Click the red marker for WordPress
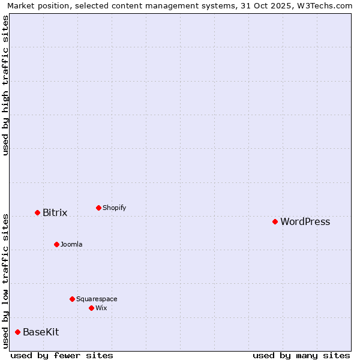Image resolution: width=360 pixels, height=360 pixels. tap(275, 221)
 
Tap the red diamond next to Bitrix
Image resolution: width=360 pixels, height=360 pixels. tap(37, 212)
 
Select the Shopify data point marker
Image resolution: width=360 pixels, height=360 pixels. tap(98, 208)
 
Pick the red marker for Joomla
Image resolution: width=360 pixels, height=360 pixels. tap(56, 244)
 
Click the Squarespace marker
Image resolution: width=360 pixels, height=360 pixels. tap(72, 299)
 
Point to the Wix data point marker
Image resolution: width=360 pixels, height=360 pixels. tap(91, 308)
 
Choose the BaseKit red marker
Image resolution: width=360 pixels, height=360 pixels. tap(17, 332)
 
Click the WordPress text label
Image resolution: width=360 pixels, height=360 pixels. tap(305, 222)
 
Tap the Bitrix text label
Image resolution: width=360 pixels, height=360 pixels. tap(55, 213)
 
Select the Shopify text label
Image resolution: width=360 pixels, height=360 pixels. tap(114, 208)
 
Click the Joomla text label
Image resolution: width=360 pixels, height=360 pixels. tap(71, 245)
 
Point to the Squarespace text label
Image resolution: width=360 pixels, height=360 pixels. tap(97, 299)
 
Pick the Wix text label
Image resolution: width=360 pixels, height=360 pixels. tap(101, 308)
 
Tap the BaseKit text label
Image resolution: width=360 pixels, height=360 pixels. tap(41, 332)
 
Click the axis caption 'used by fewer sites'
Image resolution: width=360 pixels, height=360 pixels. tap(62, 355)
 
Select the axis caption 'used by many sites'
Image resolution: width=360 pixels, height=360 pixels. tap(301, 355)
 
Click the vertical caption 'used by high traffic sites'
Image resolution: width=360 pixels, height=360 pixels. tap(5, 85)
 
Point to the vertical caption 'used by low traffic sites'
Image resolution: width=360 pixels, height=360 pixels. tap(5, 280)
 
